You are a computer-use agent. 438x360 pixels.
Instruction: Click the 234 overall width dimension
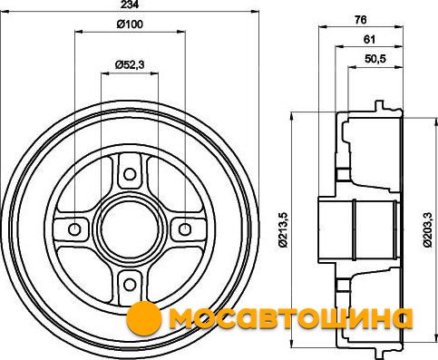(x=130, y=5)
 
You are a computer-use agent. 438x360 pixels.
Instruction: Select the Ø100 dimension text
(x=130, y=24)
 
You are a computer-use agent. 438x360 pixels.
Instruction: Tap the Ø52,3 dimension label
(x=130, y=64)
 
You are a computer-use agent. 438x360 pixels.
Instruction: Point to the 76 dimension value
(x=361, y=20)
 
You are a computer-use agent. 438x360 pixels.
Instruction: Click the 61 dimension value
(x=369, y=39)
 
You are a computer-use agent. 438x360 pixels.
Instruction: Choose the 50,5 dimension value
(x=375, y=59)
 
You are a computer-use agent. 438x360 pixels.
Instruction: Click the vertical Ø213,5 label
(x=284, y=230)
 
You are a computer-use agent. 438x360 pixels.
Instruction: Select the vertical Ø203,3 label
(x=427, y=230)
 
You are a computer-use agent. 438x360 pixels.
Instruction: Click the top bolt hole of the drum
(x=130, y=174)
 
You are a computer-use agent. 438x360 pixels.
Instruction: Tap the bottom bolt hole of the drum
(x=130, y=285)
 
